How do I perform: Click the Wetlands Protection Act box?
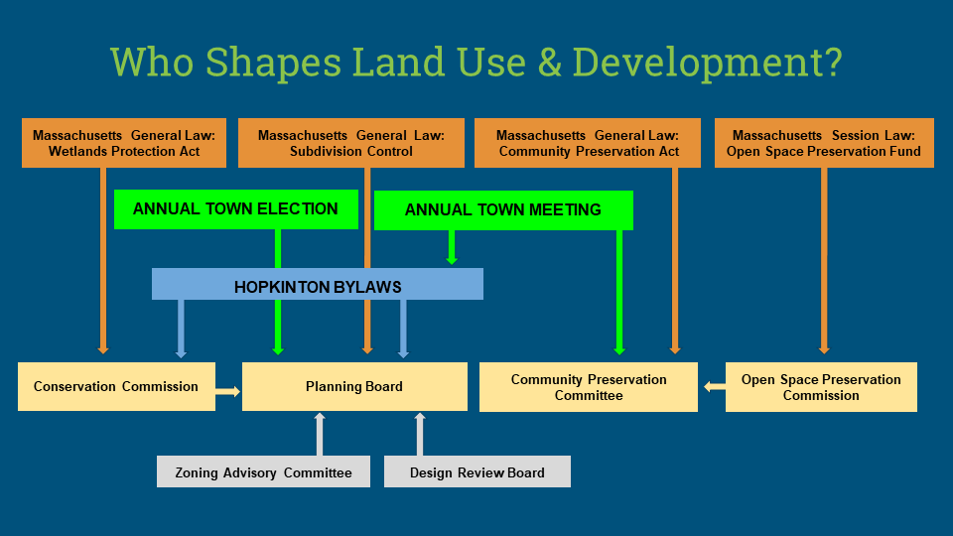(x=124, y=143)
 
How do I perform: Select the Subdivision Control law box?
(x=351, y=143)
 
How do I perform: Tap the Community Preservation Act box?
(x=587, y=143)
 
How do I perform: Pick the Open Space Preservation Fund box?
(x=824, y=143)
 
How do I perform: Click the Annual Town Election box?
(x=236, y=209)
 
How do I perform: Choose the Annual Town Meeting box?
(x=503, y=210)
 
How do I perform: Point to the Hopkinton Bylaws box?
(x=318, y=284)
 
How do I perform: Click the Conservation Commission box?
(x=117, y=386)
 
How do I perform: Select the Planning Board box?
(x=355, y=386)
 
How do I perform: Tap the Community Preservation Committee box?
(x=589, y=387)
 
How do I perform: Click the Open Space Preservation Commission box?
(x=821, y=387)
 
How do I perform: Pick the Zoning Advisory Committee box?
(x=263, y=471)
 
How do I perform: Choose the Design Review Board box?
(x=477, y=471)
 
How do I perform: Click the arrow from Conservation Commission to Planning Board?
(x=228, y=391)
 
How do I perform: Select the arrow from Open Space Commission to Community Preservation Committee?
(x=714, y=386)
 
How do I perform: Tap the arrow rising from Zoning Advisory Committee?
(x=320, y=434)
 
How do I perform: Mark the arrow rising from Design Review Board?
(x=419, y=434)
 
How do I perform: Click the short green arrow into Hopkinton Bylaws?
(x=452, y=247)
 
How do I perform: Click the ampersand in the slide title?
(x=549, y=63)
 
